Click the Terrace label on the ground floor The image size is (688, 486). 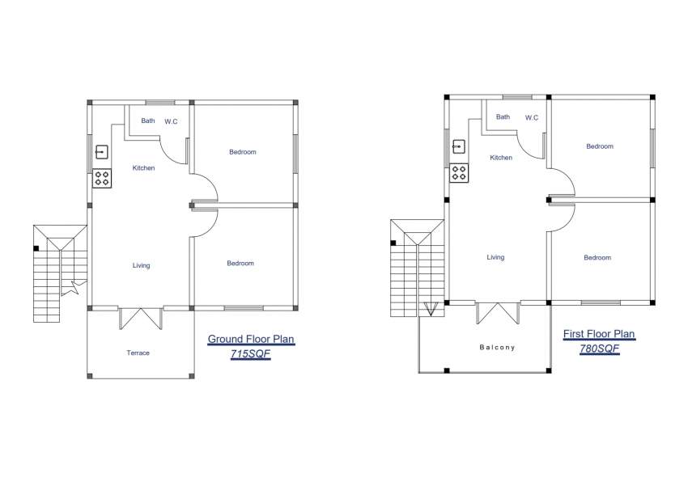(138, 353)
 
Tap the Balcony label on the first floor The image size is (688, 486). (496, 347)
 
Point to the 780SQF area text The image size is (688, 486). (599, 349)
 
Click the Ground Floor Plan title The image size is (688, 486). (251, 339)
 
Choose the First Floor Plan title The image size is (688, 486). (599, 333)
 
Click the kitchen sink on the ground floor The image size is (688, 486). (102, 151)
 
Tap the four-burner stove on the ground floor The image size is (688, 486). (102, 178)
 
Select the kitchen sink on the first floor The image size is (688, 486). (458, 146)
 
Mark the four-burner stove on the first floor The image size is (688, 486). (458, 172)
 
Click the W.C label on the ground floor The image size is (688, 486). (171, 121)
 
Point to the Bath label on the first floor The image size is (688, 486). (503, 116)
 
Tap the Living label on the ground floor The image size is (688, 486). (141, 265)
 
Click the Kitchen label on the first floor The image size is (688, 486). (501, 158)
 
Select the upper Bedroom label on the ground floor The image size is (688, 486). (242, 152)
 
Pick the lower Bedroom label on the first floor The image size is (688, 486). (597, 257)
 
